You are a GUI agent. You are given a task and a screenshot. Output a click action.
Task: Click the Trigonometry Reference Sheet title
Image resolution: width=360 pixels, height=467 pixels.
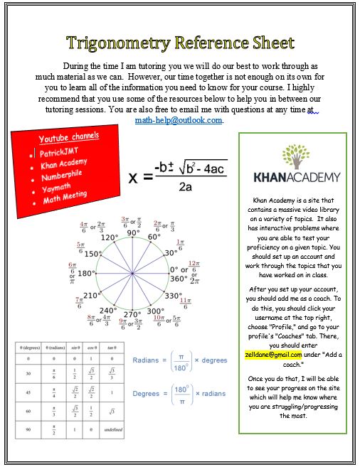click(181, 43)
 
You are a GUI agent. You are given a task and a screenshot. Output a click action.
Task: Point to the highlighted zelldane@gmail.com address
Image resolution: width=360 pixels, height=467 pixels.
click(273, 354)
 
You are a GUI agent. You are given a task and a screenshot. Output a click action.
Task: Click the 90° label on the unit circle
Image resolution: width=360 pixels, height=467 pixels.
click(134, 233)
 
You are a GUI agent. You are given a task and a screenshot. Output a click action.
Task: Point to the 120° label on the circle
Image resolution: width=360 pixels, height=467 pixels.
click(109, 238)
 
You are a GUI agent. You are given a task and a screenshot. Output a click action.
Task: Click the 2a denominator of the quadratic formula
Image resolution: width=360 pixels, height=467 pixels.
click(186, 188)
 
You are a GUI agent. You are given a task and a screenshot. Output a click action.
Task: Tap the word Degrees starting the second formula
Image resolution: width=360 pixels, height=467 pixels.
click(146, 392)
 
